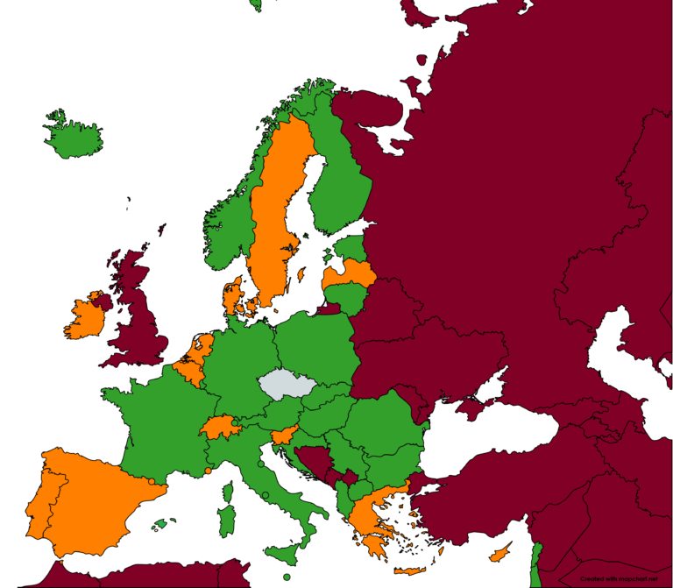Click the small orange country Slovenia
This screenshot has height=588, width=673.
[282, 436]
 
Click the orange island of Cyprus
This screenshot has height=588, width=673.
[500, 554]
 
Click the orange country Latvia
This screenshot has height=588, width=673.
[351, 274]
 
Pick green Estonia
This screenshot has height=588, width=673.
[352, 247]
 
